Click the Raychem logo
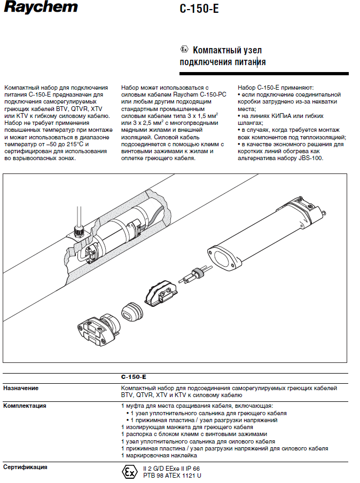point(40,7)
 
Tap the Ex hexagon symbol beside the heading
point(184,50)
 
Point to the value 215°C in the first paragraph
point(76,144)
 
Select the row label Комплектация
point(25,406)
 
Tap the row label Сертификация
point(25,467)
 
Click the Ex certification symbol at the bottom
point(129,472)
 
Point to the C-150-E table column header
point(134,377)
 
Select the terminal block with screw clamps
point(160,292)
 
